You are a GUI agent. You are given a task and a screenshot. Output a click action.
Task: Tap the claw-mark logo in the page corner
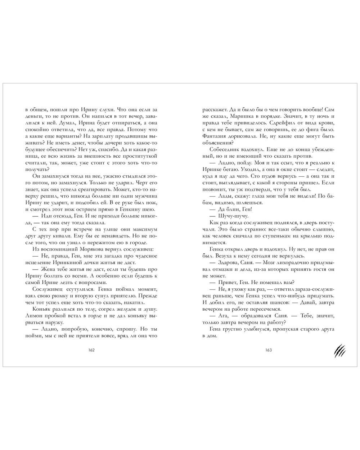pyautogui.click(x=339, y=350)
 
